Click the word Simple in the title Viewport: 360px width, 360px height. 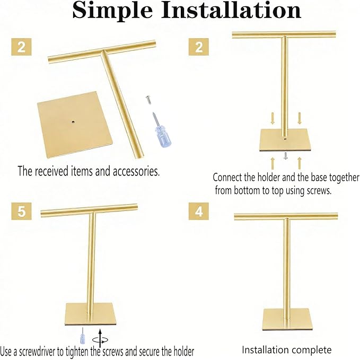pos(112,11)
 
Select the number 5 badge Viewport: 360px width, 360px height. pos(21,211)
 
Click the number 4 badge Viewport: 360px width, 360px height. pos(199,211)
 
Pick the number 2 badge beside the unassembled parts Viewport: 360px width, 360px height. pos(21,47)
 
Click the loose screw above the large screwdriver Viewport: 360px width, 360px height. pos(148,100)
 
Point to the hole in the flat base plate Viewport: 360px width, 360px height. pos(73,122)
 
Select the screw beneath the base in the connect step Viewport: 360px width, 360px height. pos(286,155)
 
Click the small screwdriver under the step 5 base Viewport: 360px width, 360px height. pos(82,336)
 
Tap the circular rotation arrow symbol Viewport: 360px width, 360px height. pos(100,340)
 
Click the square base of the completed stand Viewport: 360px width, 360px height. pos(286,320)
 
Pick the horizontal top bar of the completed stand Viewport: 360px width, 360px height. pos(286,216)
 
